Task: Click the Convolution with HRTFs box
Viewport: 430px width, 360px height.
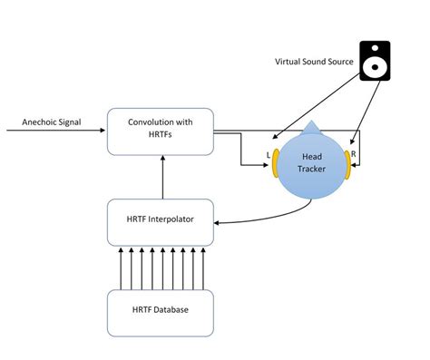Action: (161, 130)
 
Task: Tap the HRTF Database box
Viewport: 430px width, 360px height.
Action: (161, 309)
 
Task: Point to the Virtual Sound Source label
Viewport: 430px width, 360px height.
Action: (315, 62)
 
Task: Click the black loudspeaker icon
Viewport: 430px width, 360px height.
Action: (375, 61)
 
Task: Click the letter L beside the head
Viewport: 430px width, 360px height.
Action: (268, 155)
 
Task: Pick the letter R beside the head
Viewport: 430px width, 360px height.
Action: (354, 155)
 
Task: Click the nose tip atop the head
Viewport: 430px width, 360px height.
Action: (311, 125)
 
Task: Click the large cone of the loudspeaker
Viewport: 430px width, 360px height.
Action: (375, 66)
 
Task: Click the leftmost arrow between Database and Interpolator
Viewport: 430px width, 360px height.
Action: (122, 266)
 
